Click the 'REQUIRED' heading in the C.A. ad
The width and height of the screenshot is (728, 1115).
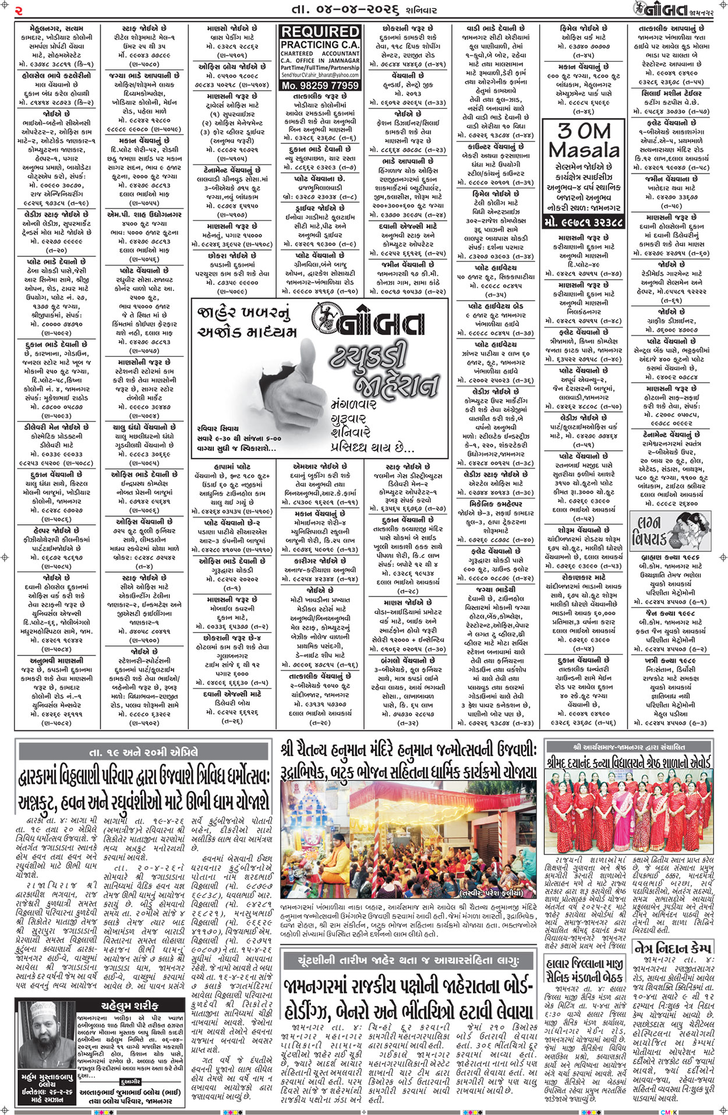pos(320,31)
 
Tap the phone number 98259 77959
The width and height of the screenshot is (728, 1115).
pos(320,85)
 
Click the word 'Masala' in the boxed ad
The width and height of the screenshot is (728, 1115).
pos(584,150)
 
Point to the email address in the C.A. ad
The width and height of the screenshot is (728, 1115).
pos(320,75)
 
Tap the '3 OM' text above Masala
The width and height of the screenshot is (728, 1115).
pos(584,130)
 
